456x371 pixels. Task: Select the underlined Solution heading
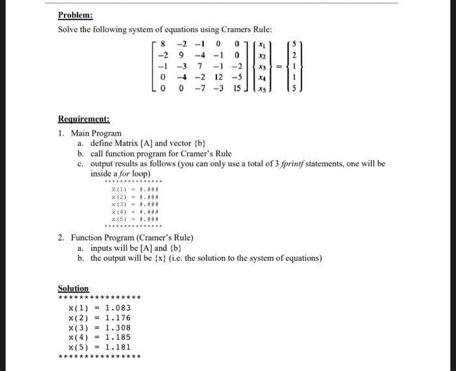click(x=73, y=288)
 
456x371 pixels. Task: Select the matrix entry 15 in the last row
click(x=237, y=89)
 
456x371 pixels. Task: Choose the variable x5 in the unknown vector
click(x=263, y=89)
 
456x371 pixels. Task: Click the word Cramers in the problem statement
click(x=218, y=30)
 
